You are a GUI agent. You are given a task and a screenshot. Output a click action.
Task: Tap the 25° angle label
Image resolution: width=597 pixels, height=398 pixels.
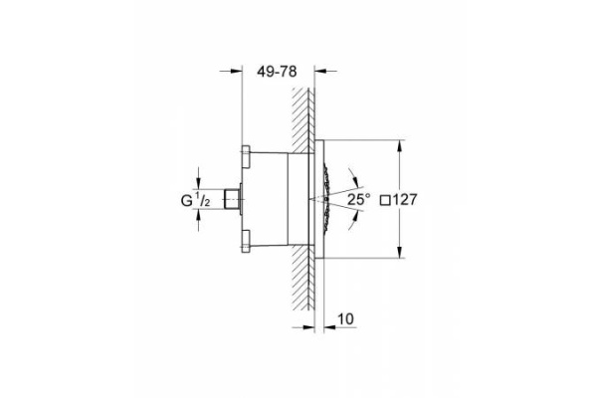pos(359,199)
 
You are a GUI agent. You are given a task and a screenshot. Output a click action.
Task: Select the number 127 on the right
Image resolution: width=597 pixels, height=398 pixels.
pos(407,199)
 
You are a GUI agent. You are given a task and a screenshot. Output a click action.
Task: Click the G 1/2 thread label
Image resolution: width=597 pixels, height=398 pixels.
pos(194,200)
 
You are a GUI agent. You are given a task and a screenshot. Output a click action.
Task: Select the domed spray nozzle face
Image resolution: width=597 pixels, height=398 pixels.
pos(325,199)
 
